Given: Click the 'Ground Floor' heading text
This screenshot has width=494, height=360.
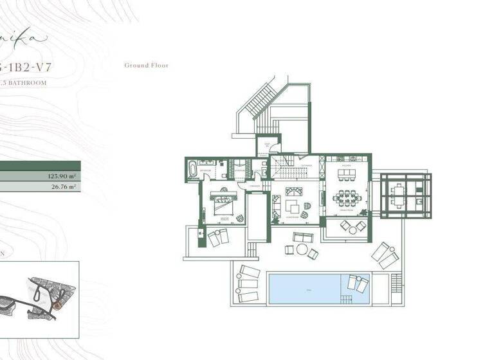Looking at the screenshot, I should tap(146, 66).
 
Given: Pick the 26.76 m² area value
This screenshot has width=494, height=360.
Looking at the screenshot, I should tap(64, 187).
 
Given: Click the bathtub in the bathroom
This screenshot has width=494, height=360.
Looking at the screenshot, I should tap(193, 170).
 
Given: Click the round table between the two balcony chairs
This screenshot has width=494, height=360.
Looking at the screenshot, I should tap(353, 226).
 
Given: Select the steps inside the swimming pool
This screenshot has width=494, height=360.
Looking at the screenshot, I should tap(347, 300).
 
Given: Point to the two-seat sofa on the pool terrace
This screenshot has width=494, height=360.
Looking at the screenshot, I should tap(302, 238).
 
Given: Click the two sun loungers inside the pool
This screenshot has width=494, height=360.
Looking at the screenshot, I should tap(356, 282).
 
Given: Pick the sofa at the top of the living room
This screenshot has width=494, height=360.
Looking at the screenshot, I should tap(294, 191).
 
